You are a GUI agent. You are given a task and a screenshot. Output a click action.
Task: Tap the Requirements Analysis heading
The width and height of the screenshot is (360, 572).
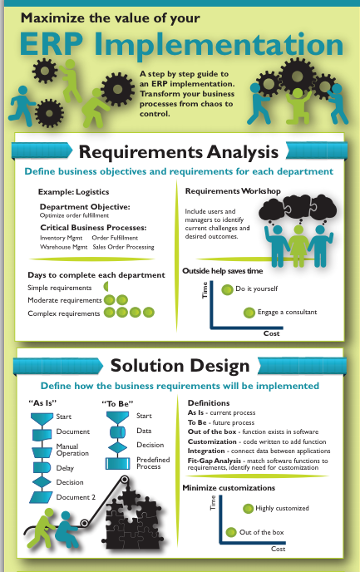(x=179, y=152)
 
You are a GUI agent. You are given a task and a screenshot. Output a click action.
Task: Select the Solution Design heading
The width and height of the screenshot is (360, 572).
(x=180, y=366)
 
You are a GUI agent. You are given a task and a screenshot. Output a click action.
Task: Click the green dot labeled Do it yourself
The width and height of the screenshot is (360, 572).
(x=227, y=289)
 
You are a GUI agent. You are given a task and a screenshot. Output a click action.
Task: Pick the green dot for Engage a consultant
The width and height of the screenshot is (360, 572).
(x=249, y=313)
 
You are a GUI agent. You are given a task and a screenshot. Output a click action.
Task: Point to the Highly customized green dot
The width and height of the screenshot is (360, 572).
(x=248, y=509)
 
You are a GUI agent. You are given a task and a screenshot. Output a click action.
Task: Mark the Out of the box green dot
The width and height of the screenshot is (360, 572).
(x=231, y=532)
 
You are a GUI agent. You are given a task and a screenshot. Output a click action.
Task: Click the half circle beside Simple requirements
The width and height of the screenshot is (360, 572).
(x=106, y=286)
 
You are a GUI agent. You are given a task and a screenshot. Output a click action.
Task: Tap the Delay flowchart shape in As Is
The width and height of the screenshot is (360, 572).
(x=42, y=468)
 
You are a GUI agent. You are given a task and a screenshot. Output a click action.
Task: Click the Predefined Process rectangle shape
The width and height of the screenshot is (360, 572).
(x=117, y=463)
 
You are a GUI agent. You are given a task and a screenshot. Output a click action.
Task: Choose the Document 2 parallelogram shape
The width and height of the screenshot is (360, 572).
(x=41, y=497)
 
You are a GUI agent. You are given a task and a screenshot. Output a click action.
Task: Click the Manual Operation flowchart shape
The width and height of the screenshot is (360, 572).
(x=42, y=452)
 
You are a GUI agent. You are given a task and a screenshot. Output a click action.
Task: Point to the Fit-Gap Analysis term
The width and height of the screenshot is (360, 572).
(x=215, y=461)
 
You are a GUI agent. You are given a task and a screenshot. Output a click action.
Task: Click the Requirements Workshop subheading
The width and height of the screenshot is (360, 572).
(x=233, y=191)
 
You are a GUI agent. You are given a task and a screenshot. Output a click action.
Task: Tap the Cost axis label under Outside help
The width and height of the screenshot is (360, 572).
(x=271, y=333)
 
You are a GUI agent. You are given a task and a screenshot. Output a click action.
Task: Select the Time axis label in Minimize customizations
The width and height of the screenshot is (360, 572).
(x=213, y=503)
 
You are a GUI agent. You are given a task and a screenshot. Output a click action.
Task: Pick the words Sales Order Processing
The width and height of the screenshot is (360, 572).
(x=123, y=247)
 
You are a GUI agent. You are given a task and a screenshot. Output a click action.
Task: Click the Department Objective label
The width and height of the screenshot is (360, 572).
(x=85, y=207)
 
